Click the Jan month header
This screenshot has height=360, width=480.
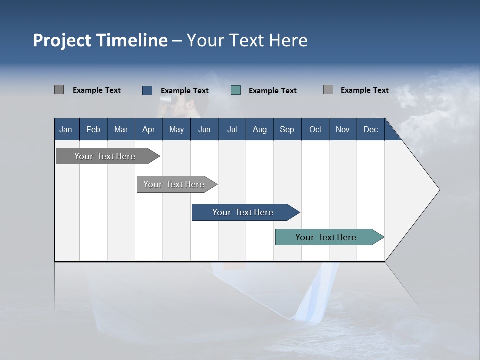[66, 129]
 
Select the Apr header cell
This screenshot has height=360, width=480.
[148, 129]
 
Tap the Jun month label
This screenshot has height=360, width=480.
[204, 129]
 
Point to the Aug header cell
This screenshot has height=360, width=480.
[259, 129]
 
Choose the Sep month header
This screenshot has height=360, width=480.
[287, 129]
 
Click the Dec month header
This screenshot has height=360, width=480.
[370, 129]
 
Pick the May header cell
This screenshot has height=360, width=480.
[176, 129]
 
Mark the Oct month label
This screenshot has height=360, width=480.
[315, 129]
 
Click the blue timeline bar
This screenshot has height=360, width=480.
[242, 212]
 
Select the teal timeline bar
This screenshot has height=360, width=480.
[326, 237]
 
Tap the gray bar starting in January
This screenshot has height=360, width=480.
[105, 156]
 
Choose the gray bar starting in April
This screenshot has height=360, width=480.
[174, 184]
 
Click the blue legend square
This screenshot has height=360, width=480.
[147, 90]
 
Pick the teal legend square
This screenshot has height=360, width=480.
[236, 90]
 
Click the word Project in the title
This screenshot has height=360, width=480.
[62, 40]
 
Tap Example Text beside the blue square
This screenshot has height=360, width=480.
[185, 91]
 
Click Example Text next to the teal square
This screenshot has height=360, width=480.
[273, 91]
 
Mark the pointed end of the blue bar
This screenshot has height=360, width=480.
[298, 212]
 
